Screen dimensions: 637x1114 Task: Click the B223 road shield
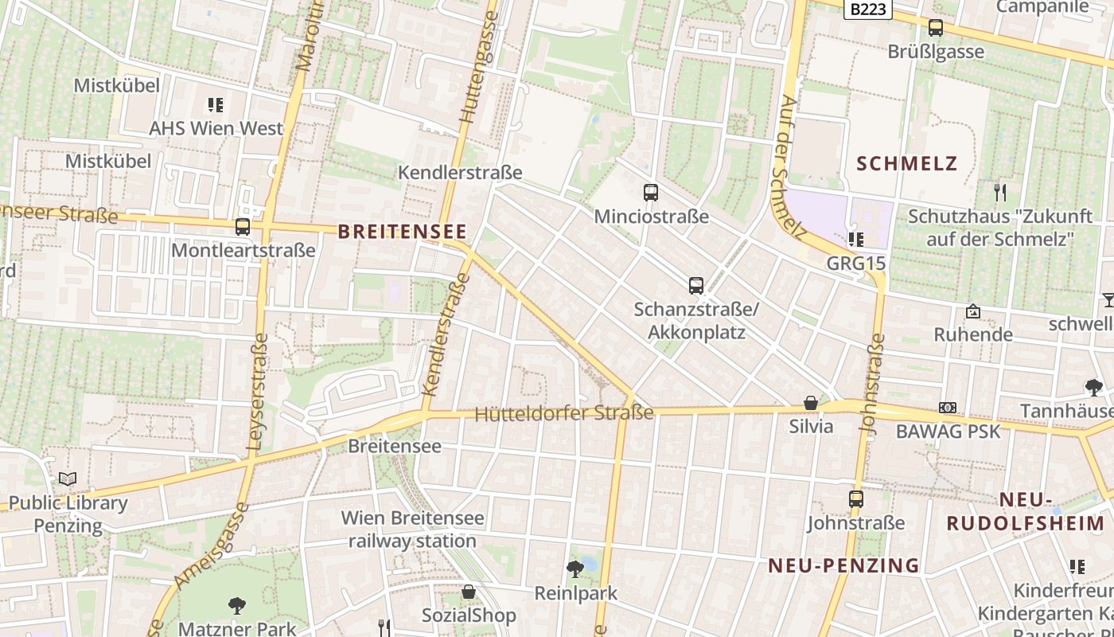coord(868,9)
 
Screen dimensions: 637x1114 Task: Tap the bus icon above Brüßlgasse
coord(936,28)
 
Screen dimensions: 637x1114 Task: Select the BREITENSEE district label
coord(402,232)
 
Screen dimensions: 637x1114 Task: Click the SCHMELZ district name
coord(906,164)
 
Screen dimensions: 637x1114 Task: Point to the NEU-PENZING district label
coord(843,565)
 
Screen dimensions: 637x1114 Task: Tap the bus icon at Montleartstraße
coord(243,227)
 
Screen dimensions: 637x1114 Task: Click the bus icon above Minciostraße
coord(651,192)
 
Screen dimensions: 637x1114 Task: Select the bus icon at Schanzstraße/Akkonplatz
coord(696,285)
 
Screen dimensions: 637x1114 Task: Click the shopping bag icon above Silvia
coord(811,403)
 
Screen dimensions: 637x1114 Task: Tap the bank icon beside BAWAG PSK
coord(948,408)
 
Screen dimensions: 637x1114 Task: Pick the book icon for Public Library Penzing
coord(68,479)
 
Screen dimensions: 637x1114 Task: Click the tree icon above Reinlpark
coord(575,569)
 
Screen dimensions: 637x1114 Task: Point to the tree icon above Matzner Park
coord(236,605)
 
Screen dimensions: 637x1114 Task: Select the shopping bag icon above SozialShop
coord(469,592)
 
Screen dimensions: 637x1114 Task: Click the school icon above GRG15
coord(856,239)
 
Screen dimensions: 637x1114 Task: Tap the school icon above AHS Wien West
coord(216,104)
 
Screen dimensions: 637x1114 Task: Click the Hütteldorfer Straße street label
coord(563,413)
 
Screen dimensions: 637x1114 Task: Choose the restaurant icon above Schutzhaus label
coord(1000,192)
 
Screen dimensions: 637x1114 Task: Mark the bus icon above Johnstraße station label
coord(856,499)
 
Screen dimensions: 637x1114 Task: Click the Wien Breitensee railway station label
coord(412,530)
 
